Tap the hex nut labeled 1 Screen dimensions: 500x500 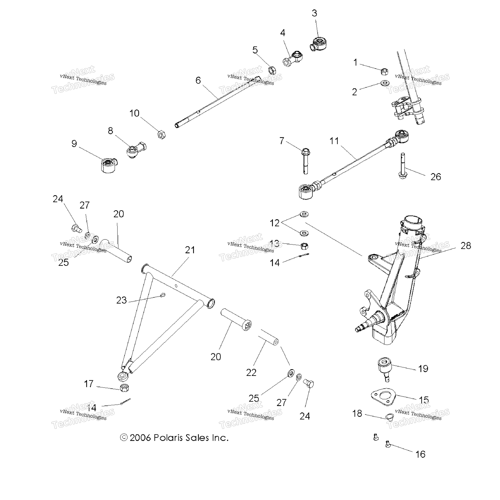pyautogui.click(x=385, y=71)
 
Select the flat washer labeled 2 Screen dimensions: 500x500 pyautogui.click(x=385, y=83)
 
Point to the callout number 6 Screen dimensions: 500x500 pyautogui.click(x=198, y=81)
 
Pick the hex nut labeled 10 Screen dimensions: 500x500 pyautogui.click(x=161, y=135)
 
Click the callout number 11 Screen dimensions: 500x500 pyautogui.click(x=334, y=141)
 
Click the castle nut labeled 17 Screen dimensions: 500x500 pyautogui.click(x=125, y=388)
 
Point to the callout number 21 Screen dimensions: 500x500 pyautogui.click(x=190, y=250)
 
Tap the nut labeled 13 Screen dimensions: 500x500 pyautogui.click(x=305, y=246)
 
